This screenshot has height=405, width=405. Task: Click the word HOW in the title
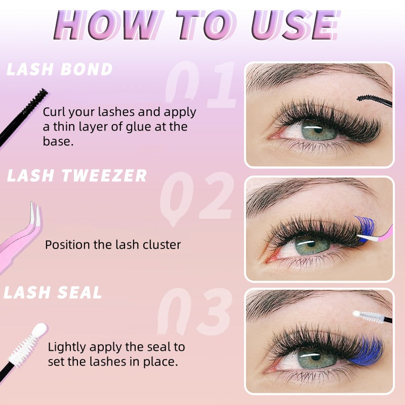point(105,25)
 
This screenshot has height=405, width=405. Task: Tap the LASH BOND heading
point(60,69)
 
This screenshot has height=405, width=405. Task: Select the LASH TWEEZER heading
point(77,175)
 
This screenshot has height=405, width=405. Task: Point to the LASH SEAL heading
point(53,293)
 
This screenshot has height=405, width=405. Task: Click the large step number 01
point(201,84)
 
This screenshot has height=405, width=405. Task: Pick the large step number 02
point(197,197)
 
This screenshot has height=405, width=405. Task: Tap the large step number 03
point(194,311)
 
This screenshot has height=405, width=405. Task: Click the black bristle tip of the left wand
point(35,101)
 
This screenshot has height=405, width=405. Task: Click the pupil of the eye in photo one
point(318,129)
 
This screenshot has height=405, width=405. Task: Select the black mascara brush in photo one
point(375,100)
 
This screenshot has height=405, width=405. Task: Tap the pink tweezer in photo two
point(376,235)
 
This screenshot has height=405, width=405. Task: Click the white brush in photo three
point(372,317)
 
